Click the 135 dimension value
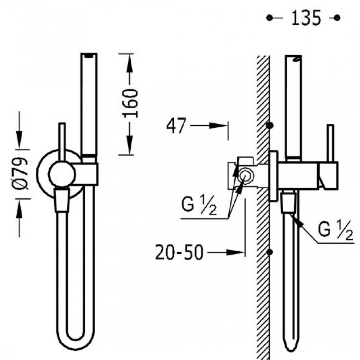click(306, 18)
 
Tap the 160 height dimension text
click(131, 104)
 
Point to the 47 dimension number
click(176, 126)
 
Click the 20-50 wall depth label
click(179, 252)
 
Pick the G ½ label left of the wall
click(199, 205)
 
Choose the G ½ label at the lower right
click(336, 230)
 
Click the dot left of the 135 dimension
click(269, 18)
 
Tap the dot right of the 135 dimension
click(337, 18)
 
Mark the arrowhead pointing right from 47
click(219, 126)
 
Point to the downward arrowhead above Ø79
click(19, 140)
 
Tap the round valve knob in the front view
click(62, 174)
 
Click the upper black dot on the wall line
click(270, 125)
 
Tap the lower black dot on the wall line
click(270, 252)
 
